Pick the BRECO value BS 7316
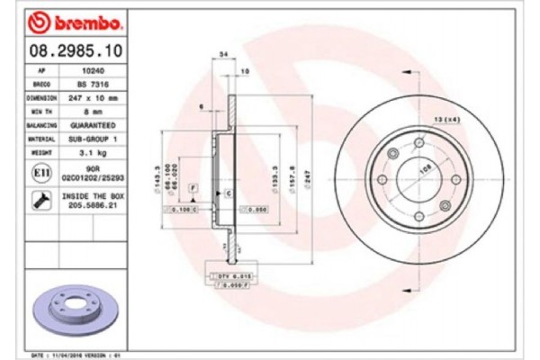pos(94,82)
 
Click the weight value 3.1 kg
pos(94,154)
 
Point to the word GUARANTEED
pos(94,125)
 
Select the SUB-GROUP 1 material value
pos(94,139)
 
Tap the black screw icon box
pos(41,200)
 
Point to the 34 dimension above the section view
pos(222,55)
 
